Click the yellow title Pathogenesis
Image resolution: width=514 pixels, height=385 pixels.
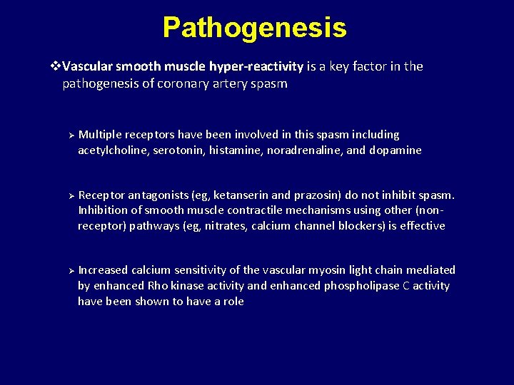(254, 28)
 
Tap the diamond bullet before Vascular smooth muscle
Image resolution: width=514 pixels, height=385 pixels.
(57, 66)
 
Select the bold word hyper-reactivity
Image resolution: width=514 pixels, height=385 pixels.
(256, 66)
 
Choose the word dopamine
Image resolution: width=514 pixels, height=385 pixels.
(395, 150)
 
